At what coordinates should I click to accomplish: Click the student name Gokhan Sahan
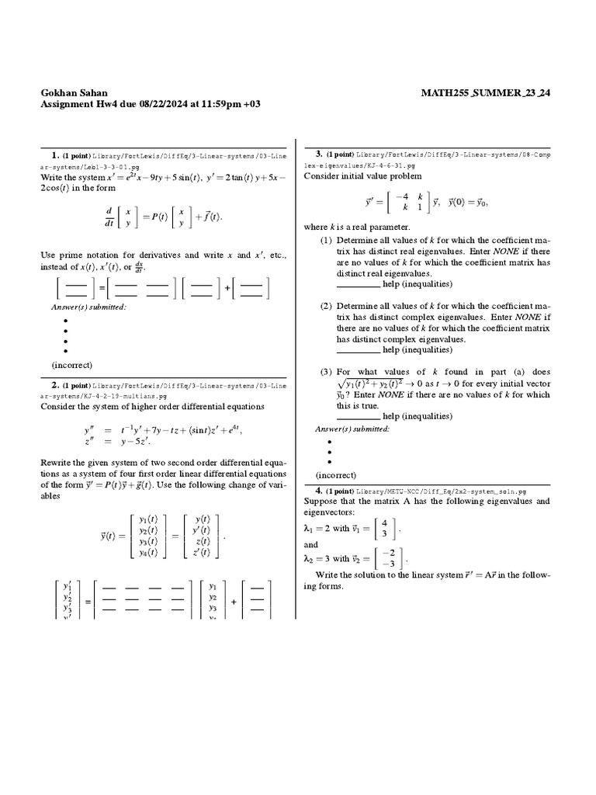coord(75,92)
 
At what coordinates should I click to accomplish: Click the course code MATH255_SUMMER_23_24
coord(485,92)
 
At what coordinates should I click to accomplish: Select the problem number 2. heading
coord(56,385)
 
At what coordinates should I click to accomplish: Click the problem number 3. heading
coord(319,153)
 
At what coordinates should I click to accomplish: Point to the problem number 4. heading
coord(319,491)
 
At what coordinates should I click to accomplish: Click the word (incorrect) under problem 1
coord(72,364)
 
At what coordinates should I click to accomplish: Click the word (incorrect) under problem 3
coord(336,475)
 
